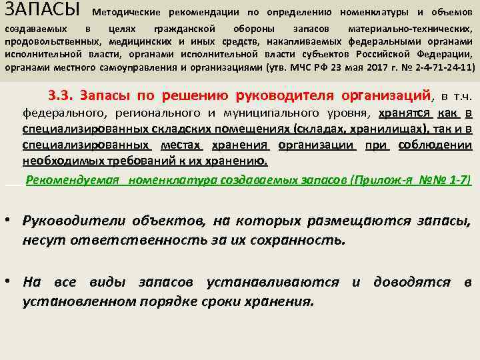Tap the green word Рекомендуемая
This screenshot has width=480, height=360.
tap(73, 180)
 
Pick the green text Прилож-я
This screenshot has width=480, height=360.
tap(391, 180)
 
